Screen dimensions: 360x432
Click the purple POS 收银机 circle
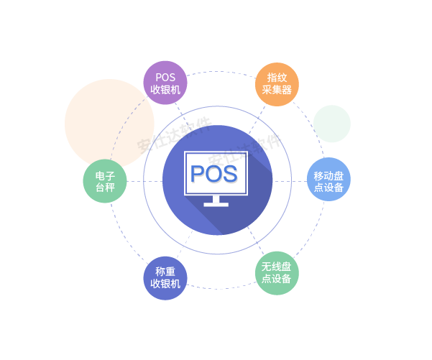pyautogui.click(x=165, y=83)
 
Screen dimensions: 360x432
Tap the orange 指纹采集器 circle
pyautogui.click(x=277, y=84)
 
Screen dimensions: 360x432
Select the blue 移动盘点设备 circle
pyautogui.click(x=328, y=180)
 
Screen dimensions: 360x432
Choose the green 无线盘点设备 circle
pyautogui.click(x=277, y=272)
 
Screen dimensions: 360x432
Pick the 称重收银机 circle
pyautogui.click(x=165, y=277)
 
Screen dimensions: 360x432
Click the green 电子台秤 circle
pyautogui.click(x=105, y=181)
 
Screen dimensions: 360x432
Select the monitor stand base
pyautogui.click(x=216, y=203)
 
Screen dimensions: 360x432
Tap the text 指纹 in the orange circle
pyautogui.click(x=277, y=78)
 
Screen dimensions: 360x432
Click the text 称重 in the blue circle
pyautogui.click(x=165, y=271)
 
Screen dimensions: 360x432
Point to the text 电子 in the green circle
pyautogui.click(x=105, y=175)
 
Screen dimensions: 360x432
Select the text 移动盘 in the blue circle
pyautogui.click(x=328, y=174)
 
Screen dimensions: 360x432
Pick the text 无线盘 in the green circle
pyautogui.click(x=277, y=267)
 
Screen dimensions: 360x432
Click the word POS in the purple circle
pyautogui.click(x=165, y=77)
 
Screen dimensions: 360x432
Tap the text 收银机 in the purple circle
pyautogui.click(x=165, y=90)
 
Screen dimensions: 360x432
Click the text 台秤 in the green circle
pyautogui.click(x=105, y=188)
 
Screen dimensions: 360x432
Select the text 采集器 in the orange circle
pyautogui.click(x=277, y=91)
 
